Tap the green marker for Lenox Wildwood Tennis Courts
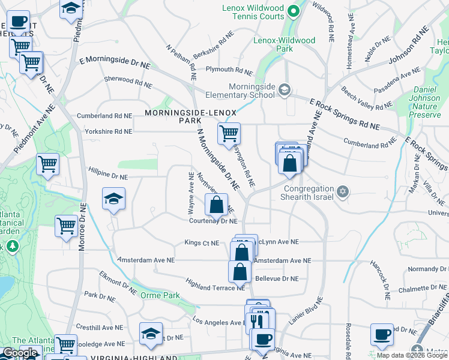coord(293,10)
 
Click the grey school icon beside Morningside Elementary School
coord(284,90)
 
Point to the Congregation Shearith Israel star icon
coord(343,192)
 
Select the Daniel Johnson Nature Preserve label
coord(427,98)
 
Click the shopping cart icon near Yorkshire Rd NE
coord(229,134)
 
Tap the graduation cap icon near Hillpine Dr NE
coord(113,200)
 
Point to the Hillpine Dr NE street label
coord(108,177)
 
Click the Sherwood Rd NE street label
coord(127,81)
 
